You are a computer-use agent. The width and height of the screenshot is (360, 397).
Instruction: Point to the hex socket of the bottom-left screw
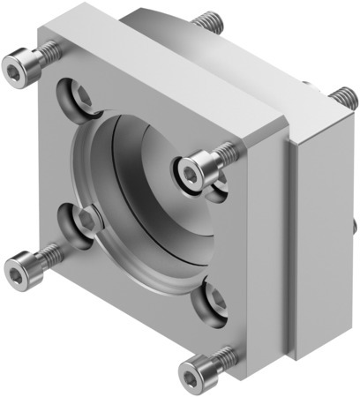[19, 263]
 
